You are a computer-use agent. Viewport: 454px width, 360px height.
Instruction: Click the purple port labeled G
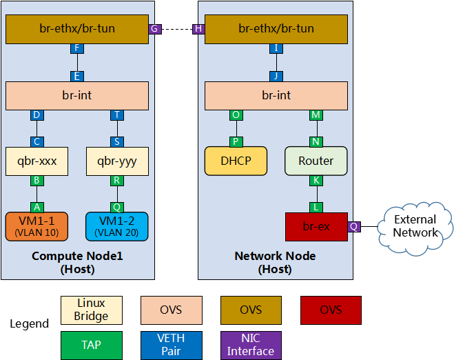click(x=155, y=29)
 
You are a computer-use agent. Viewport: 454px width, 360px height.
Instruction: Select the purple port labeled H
click(x=198, y=29)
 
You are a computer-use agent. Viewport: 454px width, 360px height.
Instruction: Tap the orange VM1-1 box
click(x=37, y=226)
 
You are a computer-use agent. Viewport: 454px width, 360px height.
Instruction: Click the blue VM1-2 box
click(x=117, y=226)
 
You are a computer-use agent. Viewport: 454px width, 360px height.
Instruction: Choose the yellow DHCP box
click(x=236, y=161)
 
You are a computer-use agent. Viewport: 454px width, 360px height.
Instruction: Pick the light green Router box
click(x=316, y=161)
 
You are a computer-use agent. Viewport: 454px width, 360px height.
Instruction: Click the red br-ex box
click(x=316, y=226)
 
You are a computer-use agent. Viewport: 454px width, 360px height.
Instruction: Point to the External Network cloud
click(x=415, y=226)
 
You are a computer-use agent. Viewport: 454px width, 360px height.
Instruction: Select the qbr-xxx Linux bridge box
click(x=37, y=161)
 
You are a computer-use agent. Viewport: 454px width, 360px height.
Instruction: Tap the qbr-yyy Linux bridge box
click(x=117, y=161)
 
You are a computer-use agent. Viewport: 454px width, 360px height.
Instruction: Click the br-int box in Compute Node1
click(x=77, y=96)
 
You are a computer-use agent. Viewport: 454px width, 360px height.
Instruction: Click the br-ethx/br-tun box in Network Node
click(x=276, y=29)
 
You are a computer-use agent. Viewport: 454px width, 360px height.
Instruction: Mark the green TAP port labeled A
click(x=37, y=206)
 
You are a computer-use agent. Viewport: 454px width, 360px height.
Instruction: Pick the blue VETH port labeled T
click(x=117, y=115)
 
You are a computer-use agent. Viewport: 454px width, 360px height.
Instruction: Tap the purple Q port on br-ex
click(x=354, y=226)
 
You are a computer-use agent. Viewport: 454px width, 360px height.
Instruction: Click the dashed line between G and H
click(x=176, y=29)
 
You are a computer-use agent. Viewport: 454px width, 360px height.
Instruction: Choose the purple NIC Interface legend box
click(x=251, y=344)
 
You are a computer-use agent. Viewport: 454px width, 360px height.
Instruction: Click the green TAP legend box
click(x=91, y=344)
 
